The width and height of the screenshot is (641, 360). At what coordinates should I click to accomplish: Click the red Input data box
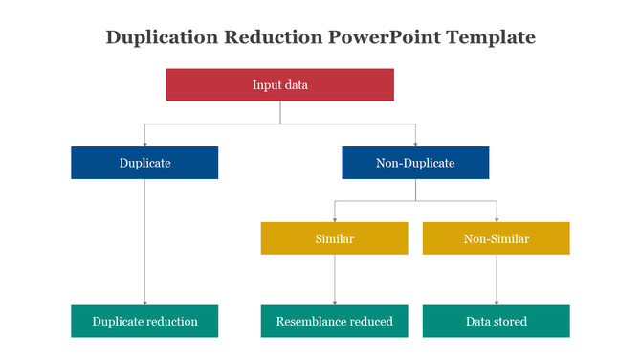tap(280, 84)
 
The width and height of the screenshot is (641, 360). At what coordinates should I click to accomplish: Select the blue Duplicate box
tap(144, 163)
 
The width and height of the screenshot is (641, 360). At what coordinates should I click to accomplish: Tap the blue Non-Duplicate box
tap(415, 163)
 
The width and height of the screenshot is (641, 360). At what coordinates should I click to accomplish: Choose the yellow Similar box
tap(335, 238)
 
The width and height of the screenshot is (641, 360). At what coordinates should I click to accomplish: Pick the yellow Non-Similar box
tap(496, 238)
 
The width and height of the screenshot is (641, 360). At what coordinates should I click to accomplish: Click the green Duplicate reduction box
tap(144, 321)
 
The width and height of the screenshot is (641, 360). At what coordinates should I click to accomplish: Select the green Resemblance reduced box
tap(335, 321)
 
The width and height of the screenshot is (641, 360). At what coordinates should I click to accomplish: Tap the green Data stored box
tap(496, 321)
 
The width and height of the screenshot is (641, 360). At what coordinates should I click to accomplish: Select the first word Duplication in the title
tap(160, 37)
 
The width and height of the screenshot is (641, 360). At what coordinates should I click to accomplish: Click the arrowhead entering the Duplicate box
tap(144, 143)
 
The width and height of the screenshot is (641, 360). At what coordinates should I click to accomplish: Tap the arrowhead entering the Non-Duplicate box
tap(415, 143)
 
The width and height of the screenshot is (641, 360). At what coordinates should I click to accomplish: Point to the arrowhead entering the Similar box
tap(335, 219)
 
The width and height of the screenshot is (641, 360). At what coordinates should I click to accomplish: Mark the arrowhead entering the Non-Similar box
tap(496, 219)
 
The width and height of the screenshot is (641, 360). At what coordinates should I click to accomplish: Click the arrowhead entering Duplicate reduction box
tap(144, 302)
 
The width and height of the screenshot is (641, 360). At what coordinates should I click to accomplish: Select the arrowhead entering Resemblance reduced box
tap(335, 302)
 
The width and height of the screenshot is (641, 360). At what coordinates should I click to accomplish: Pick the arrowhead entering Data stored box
tap(496, 302)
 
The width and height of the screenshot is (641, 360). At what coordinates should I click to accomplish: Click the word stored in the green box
tap(510, 321)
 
